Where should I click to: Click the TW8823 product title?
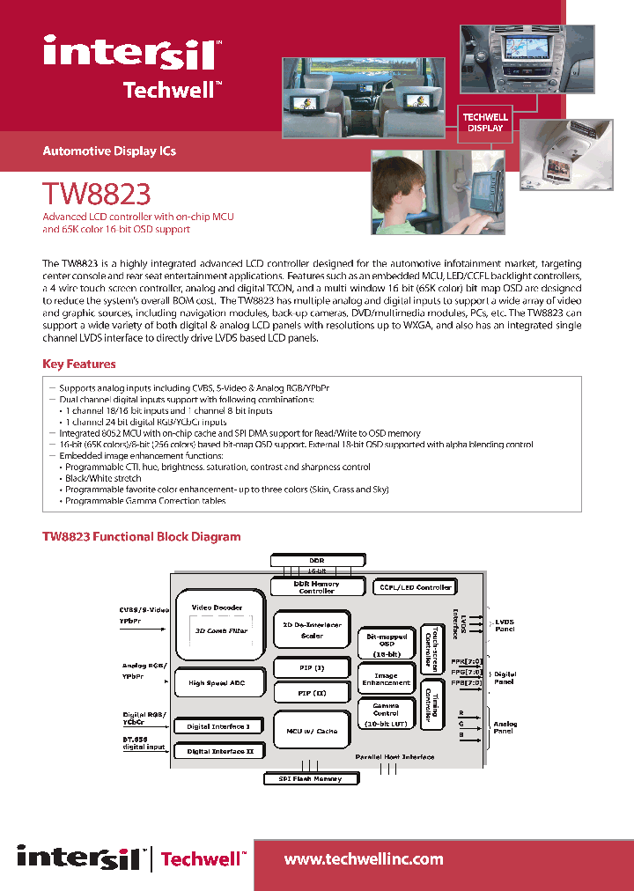97,193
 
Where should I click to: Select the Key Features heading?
79,364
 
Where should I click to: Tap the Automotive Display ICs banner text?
109,151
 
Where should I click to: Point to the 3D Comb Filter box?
220,631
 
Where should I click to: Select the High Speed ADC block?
217,683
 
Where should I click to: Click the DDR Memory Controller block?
316,587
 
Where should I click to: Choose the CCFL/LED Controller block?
415,587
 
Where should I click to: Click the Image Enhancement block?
386,679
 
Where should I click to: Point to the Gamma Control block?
386,714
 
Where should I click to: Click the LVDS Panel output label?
505,626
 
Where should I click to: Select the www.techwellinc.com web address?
364,859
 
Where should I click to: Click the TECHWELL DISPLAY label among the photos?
485,122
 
